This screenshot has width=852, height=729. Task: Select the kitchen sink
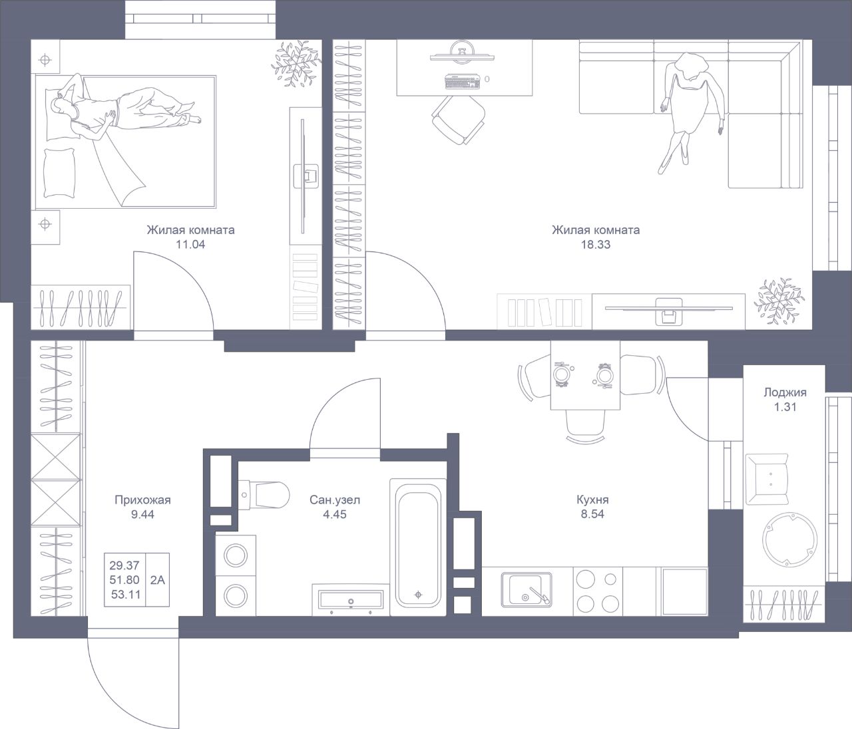click(527, 589)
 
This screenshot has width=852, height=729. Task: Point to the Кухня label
click(592, 500)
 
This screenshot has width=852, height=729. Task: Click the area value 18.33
click(596, 245)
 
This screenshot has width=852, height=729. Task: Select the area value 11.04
click(190, 245)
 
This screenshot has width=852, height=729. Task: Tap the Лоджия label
click(785, 392)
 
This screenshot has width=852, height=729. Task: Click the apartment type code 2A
click(158, 580)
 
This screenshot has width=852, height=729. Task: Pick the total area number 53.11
click(125, 595)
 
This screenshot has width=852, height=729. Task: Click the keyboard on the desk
click(463, 81)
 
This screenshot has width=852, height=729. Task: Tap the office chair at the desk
click(459, 120)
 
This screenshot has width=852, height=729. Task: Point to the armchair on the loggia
click(767, 479)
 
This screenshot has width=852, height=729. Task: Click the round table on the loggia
click(789, 539)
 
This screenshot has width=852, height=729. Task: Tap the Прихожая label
click(142, 500)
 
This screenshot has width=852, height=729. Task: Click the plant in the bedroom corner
click(296, 63)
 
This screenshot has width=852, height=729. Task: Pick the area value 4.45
click(335, 514)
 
